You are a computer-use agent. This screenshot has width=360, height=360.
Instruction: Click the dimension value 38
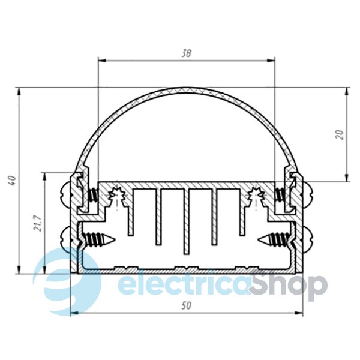point(186,54)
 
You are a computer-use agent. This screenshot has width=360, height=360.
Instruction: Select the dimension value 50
point(186,306)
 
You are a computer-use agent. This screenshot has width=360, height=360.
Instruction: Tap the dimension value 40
point(12,181)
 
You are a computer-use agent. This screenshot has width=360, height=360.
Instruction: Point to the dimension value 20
point(340,134)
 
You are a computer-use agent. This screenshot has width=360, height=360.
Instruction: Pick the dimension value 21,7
point(38,223)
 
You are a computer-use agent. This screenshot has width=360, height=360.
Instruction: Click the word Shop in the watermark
point(289,285)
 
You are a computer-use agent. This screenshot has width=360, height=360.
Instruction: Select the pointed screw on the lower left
point(99,239)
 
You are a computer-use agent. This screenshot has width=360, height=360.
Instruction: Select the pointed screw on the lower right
point(274,239)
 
